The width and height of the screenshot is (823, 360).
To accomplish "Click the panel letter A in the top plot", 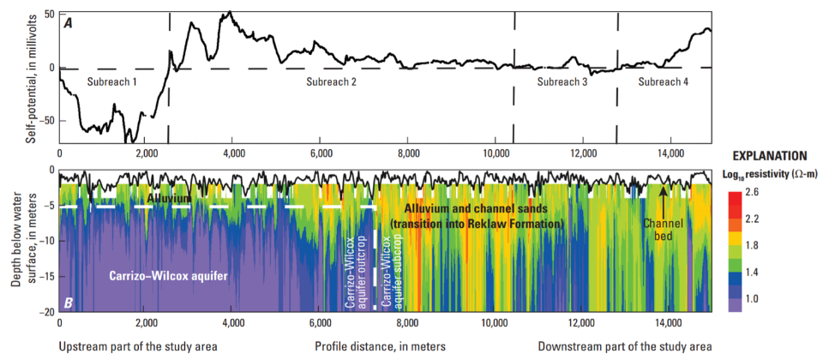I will pyautogui.click(x=67, y=21).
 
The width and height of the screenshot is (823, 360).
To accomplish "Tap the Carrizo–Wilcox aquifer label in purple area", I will pyautogui.click(x=173, y=276).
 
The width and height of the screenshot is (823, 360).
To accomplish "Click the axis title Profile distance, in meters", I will pyautogui.click(x=381, y=346).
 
